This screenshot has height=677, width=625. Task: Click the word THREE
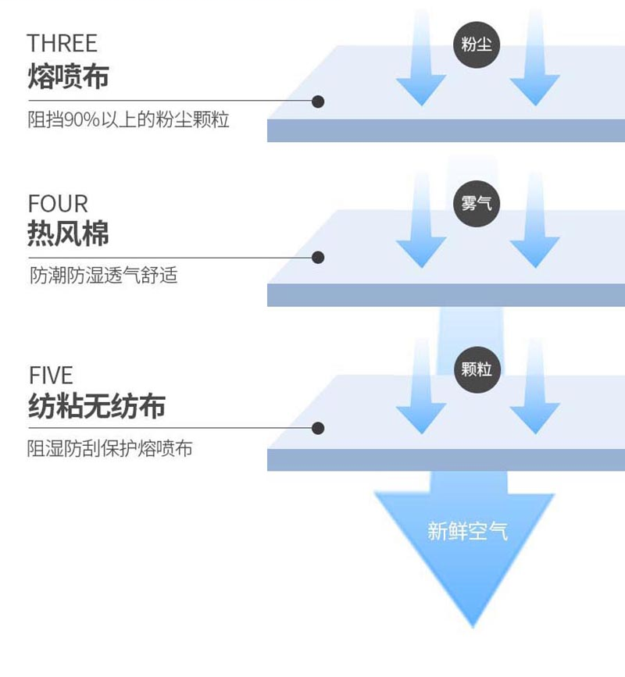62,43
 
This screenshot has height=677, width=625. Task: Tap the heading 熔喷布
68,76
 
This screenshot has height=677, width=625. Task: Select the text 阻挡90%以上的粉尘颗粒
128,119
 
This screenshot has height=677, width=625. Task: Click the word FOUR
58,203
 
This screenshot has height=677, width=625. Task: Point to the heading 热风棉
68,233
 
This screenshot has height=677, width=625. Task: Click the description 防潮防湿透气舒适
104,275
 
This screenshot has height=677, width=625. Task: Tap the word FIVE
51,375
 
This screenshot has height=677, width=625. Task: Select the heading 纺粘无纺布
97,406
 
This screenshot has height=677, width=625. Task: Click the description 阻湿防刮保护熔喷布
109,448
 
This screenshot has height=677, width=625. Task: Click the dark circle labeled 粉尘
477,45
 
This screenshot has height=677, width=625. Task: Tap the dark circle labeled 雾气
477,203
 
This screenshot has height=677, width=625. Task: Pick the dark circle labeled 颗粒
477,369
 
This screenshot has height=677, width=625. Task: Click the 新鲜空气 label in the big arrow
468,531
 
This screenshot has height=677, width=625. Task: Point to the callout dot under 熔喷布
318,102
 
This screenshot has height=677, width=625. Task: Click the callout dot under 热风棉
318,258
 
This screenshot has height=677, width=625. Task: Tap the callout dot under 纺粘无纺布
318,429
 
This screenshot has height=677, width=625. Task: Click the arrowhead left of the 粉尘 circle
421,89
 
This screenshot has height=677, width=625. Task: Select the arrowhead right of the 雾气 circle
534,251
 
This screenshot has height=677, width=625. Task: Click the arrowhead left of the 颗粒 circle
421,418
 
